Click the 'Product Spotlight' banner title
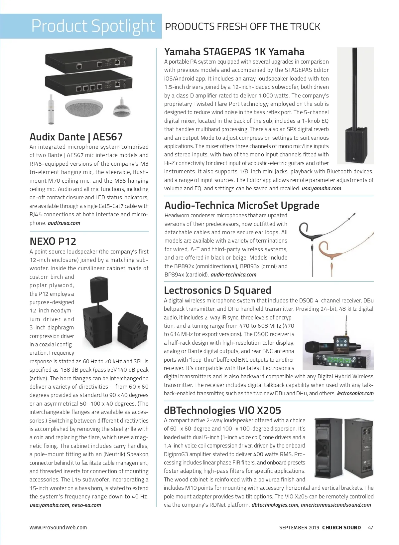93,26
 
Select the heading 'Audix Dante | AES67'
76,137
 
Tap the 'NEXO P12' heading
53,241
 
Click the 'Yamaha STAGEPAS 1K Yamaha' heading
234,52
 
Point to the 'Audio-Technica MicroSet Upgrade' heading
242,205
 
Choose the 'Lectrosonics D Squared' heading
217,290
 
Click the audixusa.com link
64,223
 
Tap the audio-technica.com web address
233,274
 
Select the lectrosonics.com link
355,393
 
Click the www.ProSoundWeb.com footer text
58,527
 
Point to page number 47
370,527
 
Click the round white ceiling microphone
83,107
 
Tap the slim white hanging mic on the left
51,109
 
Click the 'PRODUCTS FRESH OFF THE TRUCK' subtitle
242,27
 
